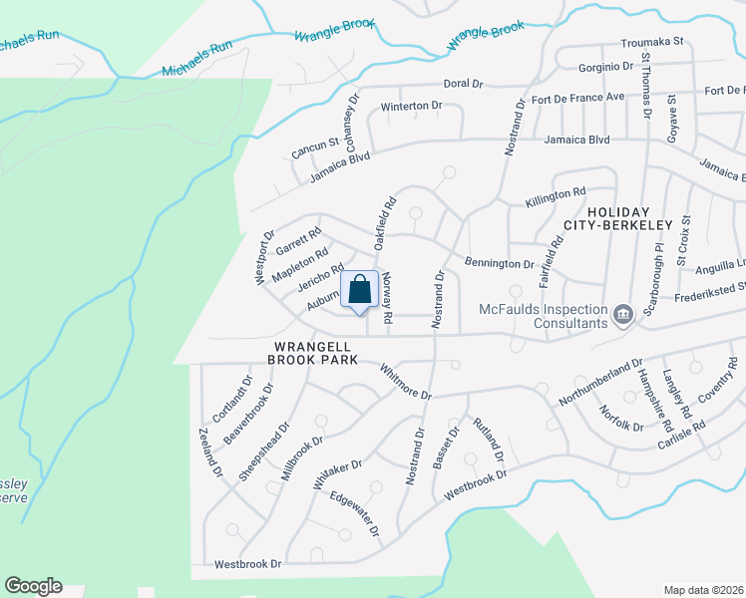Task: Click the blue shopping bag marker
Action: (x=360, y=290)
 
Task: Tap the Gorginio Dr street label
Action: (x=606, y=68)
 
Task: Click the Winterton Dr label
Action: (x=411, y=106)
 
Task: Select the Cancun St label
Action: (x=315, y=149)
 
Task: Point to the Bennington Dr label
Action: (x=500, y=264)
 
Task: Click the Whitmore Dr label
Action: (x=405, y=382)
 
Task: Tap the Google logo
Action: (x=33, y=586)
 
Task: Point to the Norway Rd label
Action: (x=388, y=296)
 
